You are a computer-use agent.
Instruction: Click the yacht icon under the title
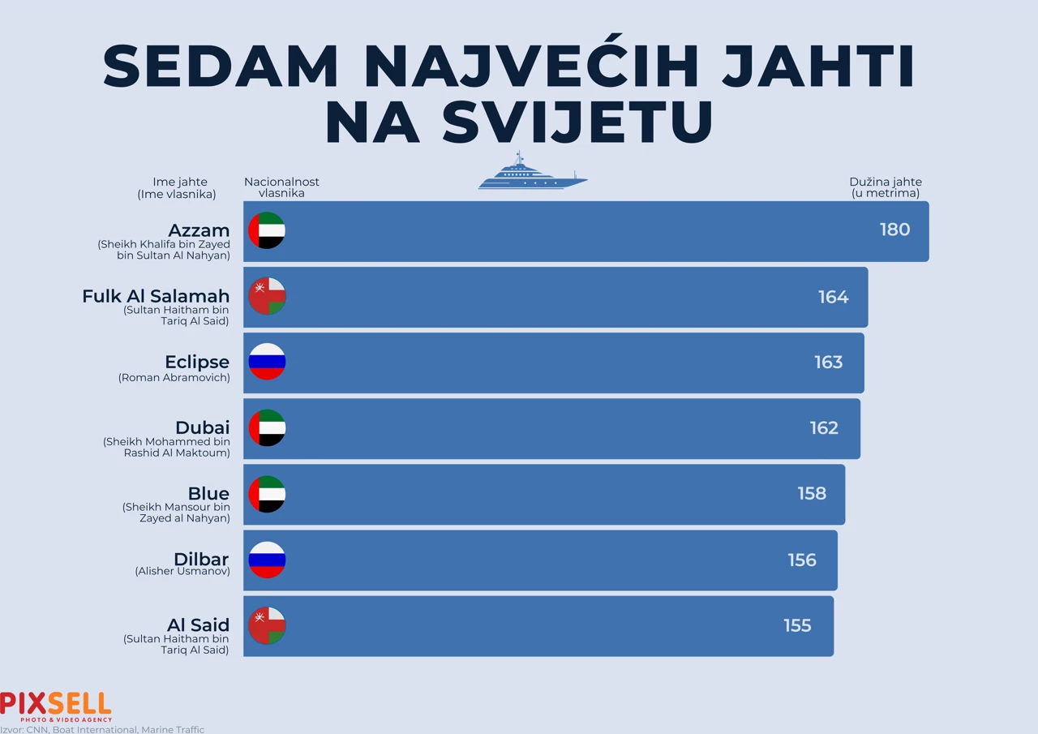pyautogui.click(x=532, y=172)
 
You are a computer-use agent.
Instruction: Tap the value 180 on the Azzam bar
pyautogui.click(x=894, y=230)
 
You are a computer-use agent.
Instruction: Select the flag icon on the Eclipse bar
pyautogui.click(x=267, y=362)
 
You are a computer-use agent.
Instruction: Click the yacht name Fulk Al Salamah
pyautogui.click(x=156, y=296)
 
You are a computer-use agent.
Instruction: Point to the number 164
pyautogui.click(x=833, y=297)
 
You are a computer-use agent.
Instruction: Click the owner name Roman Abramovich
pyautogui.click(x=174, y=378)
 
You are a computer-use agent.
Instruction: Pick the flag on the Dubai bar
pyautogui.click(x=267, y=427)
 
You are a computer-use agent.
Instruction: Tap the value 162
pyautogui.click(x=824, y=428)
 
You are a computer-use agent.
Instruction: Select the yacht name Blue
pyautogui.click(x=208, y=493)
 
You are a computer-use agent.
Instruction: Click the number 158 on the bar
pyautogui.click(x=811, y=494)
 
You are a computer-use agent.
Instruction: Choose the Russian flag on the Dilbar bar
pyautogui.click(x=267, y=560)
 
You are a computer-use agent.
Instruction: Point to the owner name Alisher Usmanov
pyautogui.click(x=182, y=571)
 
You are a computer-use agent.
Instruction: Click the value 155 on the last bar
pyautogui.click(x=797, y=626)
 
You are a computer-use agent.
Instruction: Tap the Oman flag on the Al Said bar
pyautogui.click(x=267, y=625)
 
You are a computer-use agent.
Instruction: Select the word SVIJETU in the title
pyautogui.click(x=519, y=122)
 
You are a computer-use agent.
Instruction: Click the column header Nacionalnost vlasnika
pyautogui.click(x=281, y=187)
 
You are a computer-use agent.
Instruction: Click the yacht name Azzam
pyautogui.click(x=199, y=230)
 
